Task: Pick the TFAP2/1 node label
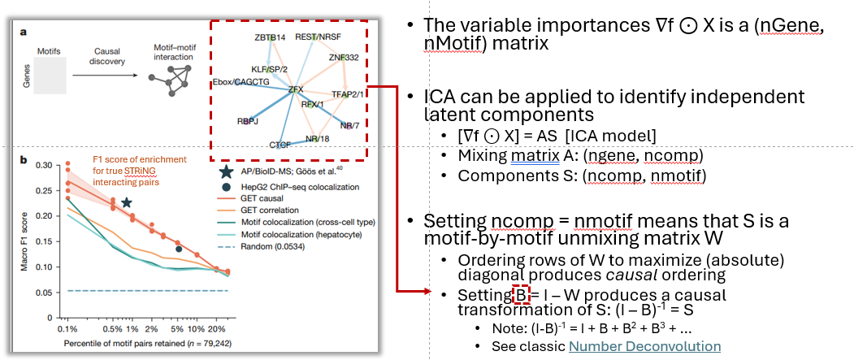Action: pyautogui.click(x=347, y=95)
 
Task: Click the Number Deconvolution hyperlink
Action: pyautogui.click(x=644, y=346)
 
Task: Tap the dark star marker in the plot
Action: pyautogui.click(x=126, y=202)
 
